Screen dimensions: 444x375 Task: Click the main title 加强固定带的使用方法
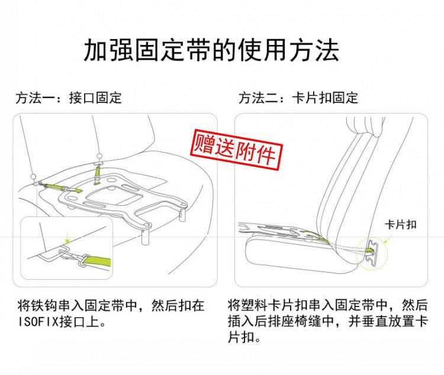click(x=211, y=50)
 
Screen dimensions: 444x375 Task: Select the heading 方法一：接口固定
click(x=69, y=98)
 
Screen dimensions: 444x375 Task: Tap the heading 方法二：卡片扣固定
click(x=298, y=98)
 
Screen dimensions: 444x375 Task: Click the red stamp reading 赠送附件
click(x=236, y=150)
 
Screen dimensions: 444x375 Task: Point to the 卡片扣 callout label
click(x=400, y=225)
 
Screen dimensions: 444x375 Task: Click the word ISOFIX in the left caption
click(x=38, y=322)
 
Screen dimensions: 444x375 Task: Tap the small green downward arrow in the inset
click(x=67, y=239)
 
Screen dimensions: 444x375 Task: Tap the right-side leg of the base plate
click(x=182, y=213)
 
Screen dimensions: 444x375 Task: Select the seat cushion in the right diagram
click(x=297, y=257)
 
